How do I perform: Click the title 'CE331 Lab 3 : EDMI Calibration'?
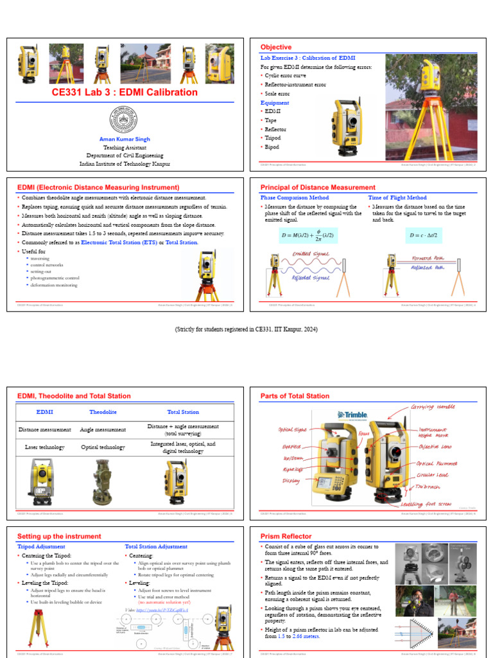click(x=125, y=92)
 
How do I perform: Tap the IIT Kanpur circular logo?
click(x=125, y=120)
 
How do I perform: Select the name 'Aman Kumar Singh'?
click(x=125, y=139)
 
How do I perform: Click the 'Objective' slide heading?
click(x=275, y=48)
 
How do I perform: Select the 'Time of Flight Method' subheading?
click(x=397, y=198)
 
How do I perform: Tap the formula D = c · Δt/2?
click(x=423, y=236)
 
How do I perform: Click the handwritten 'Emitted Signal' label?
click(x=311, y=254)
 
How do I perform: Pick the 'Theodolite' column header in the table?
click(x=103, y=412)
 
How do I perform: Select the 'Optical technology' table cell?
click(x=103, y=445)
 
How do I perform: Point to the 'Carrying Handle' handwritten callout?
click(x=433, y=407)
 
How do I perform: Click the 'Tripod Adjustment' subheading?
click(x=41, y=546)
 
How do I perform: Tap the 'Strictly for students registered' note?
click(x=246, y=329)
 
